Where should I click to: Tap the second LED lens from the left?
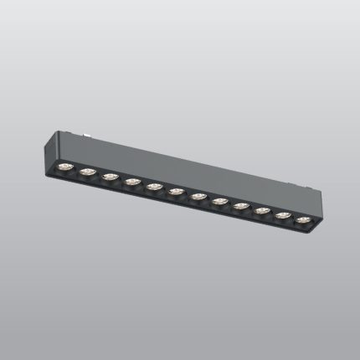88,172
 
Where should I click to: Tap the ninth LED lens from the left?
241,206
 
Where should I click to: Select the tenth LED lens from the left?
262,211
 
